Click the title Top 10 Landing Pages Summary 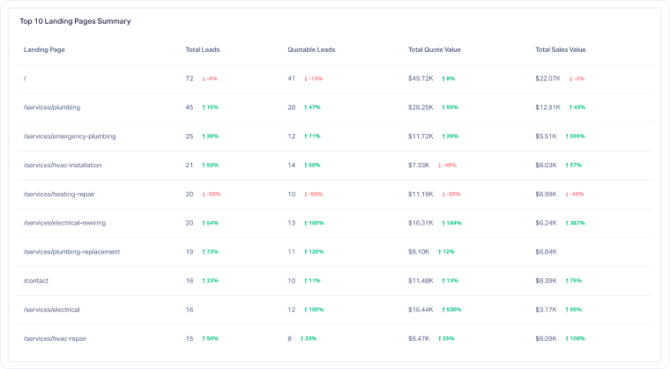point(75,21)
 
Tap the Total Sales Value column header point(560,49)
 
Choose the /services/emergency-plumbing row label point(70,137)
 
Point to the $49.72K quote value point(421,78)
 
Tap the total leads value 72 point(190,78)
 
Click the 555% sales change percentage point(575,137)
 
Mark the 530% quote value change point(451,310)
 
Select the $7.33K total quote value point(419,165)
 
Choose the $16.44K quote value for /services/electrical point(421,310)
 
